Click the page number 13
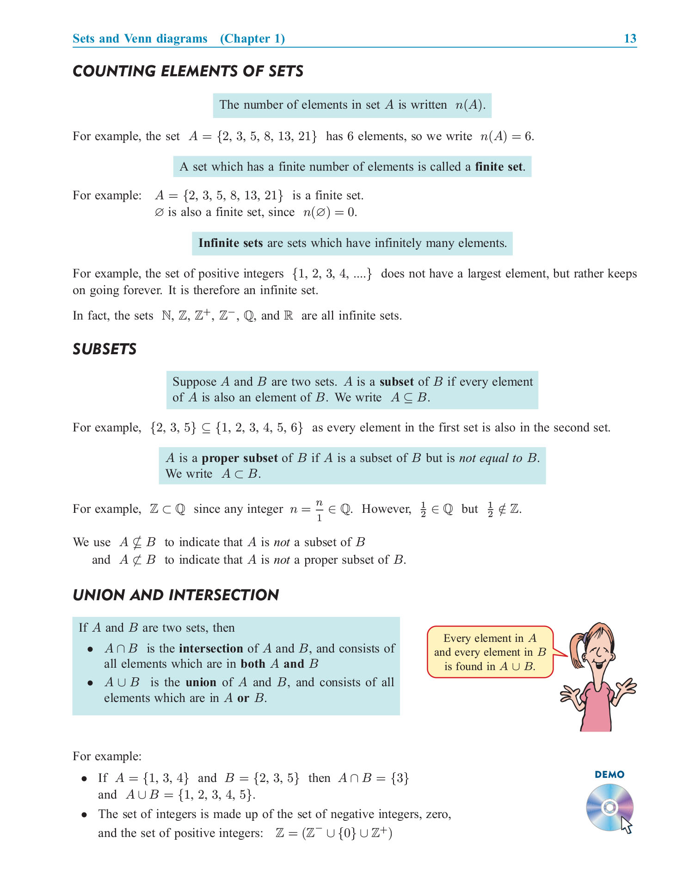(630, 38)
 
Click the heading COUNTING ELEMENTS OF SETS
(188, 71)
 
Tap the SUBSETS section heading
(105, 349)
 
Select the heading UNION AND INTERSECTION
(176, 595)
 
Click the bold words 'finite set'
(499, 167)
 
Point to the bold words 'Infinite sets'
(230, 243)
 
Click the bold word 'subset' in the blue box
(396, 382)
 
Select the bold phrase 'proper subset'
(240, 458)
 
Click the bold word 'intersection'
(211, 649)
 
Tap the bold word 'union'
(201, 683)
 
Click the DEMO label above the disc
(609, 775)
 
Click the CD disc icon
(609, 807)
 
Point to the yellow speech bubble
(490, 652)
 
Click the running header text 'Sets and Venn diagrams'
(140, 38)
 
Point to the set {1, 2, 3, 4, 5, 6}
(259, 428)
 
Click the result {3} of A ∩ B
(400, 778)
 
